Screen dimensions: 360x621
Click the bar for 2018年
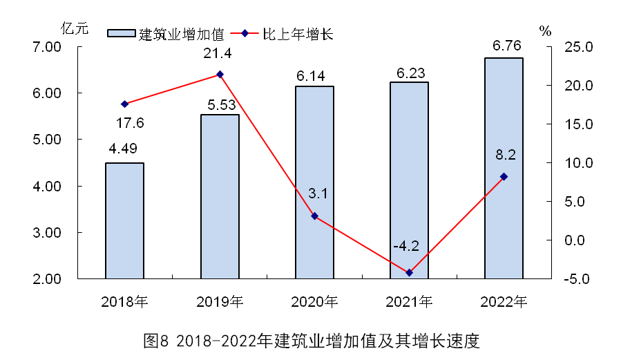tap(124, 221)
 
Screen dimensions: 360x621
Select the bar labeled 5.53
tap(220, 197)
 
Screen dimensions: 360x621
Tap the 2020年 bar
tap(314, 183)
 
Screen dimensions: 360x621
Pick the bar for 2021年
tap(409, 181)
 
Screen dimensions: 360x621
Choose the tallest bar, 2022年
tap(504, 169)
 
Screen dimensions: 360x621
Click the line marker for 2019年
tap(220, 74)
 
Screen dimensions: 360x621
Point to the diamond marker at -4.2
tap(409, 273)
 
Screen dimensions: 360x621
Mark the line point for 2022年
tap(504, 177)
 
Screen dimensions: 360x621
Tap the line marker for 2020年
tap(314, 216)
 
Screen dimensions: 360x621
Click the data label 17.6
tap(128, 123)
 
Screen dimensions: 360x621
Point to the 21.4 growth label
tap(216, 54)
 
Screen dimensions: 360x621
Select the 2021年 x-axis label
tap(409, 302)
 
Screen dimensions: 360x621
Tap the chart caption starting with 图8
tap(310, 341)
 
